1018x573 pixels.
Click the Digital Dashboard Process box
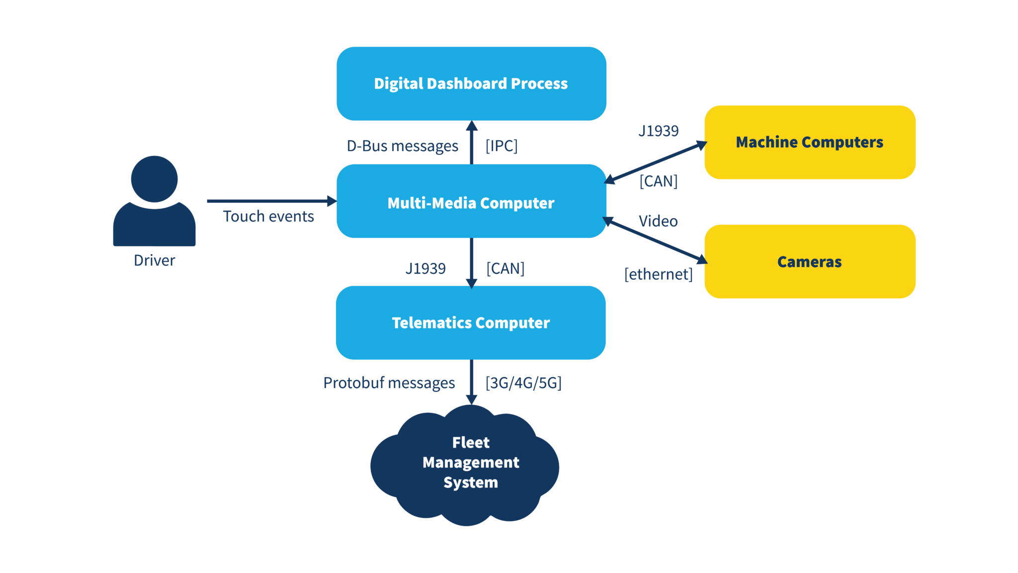[471, 84]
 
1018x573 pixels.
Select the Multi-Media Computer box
[471, 201]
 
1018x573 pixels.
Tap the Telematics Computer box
[471, 323]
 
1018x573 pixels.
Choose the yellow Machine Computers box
[809, 142]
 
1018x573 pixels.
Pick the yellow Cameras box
[809, 262]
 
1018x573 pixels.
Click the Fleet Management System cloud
[467, 465]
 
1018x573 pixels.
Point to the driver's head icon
[154, 179]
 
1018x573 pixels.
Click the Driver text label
[154, 261]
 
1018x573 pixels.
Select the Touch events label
[268, 217]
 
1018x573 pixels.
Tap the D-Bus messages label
[402, 146]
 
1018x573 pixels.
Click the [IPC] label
[502, 146]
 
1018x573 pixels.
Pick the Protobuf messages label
[389, 383]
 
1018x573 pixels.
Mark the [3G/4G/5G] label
[523, 383]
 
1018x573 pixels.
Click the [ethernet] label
[658, 274]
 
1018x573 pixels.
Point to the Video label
[658, 221]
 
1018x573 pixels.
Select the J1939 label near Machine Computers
[658, 131]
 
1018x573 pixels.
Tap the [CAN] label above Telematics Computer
[505, 269]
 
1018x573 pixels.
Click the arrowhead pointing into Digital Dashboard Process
[472, 126]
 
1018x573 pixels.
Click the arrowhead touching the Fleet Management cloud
[472, 399]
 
